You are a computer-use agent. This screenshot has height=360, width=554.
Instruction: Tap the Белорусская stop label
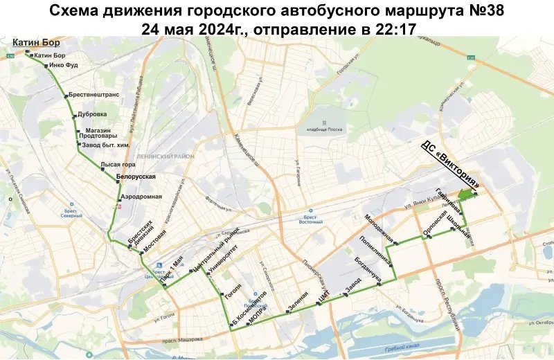(134, 177)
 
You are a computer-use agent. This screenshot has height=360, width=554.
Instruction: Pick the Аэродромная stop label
(141, 196)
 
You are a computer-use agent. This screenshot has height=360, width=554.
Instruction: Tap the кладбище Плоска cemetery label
(321, 129)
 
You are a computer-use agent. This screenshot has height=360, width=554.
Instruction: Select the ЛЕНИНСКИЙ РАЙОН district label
(166, 156)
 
